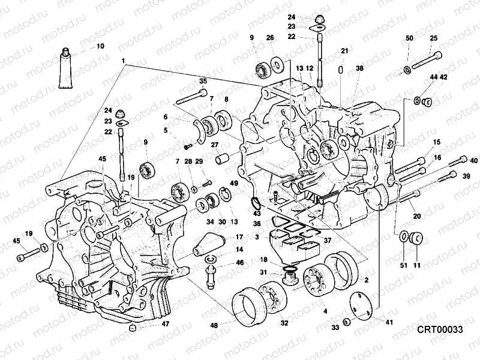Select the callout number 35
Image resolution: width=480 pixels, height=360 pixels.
pyautogui.click(x=203, y=82)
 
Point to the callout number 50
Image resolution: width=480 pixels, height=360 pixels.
pyautogui.click(x=409, y=38)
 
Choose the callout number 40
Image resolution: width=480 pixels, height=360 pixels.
pyautogui.click(x=474, y=160)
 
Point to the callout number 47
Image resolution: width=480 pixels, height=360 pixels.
pyautogui.click(x=165, y=324)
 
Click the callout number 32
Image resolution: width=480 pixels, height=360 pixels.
pyautogui.click(x=284, y=323)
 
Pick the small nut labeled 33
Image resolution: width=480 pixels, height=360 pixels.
pyautogui.click(x=347, y=321)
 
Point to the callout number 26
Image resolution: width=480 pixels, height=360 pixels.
pyautogui.click(x=270, y=38)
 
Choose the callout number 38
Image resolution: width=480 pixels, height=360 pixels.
pyautogui.click(x=359, y=68)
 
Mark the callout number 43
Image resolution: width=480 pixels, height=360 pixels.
pyautogui.click(x=257, y=214)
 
